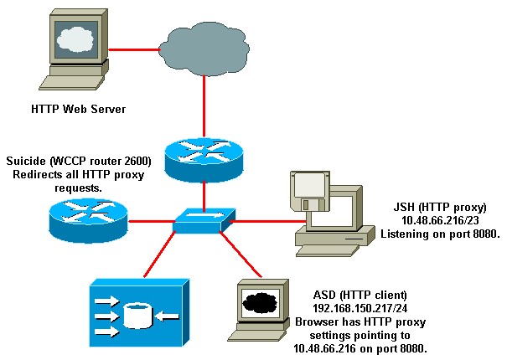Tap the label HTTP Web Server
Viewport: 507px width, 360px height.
[74, 109]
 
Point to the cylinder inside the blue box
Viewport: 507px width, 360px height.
[137, 316]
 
